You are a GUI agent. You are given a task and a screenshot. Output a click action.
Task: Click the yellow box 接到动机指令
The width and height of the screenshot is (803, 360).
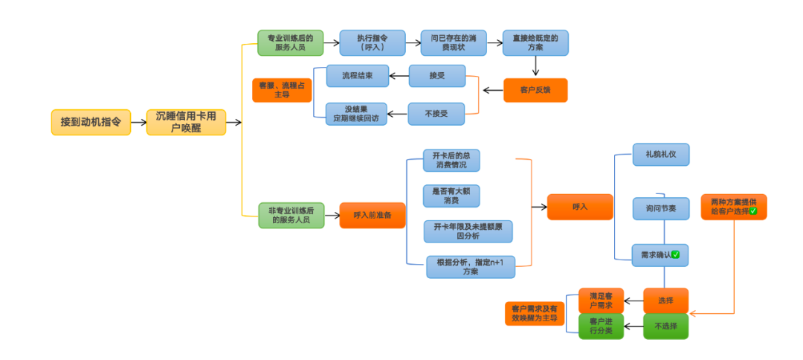click(91, 121)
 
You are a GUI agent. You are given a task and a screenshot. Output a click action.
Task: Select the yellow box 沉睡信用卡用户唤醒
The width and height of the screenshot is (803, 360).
click(186, 121)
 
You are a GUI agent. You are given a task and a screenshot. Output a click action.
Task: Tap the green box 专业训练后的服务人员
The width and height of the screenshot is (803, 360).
click(291, 42)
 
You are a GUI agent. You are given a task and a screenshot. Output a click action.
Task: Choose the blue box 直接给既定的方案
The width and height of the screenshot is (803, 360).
click(535, 42)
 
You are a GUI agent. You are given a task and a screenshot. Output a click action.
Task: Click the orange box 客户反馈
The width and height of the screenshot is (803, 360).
click(535, 90)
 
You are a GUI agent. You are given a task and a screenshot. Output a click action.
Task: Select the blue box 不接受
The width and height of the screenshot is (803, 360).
click(436, 114)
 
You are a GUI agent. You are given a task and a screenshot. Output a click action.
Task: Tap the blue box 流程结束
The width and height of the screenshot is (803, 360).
click(357, 76)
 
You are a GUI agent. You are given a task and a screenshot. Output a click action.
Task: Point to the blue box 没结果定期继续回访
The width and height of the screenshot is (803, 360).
click(357, 114)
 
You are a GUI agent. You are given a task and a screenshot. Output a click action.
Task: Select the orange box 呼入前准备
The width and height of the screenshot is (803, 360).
click(373, 215)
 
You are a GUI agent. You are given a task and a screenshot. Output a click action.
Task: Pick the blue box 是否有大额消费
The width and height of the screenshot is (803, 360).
click(451, 196)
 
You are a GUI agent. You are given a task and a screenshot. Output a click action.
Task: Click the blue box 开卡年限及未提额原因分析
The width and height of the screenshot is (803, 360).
click(468, 231)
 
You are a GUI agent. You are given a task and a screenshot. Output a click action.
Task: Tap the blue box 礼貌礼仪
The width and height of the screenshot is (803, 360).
click(661, 155)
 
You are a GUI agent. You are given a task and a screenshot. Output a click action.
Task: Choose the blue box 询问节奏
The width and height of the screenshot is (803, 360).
click(661, 208)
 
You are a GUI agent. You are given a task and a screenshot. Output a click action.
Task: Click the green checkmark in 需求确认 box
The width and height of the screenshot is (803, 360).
click(676, 255)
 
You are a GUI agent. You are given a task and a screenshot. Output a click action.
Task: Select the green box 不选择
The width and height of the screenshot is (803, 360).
click(665, 326)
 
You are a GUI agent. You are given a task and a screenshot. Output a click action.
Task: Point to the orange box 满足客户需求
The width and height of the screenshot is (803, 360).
click(601, 300)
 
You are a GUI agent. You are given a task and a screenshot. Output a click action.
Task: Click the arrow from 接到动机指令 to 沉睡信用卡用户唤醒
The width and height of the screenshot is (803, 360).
click(138, 121)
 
